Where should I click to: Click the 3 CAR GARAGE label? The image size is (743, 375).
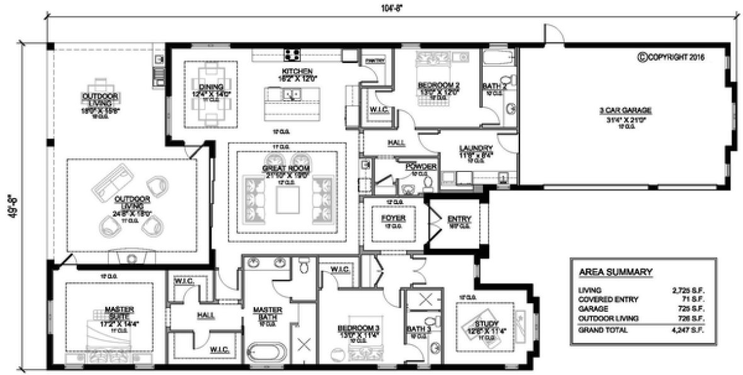click(625, 110)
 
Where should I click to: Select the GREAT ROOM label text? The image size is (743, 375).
click(286, 168)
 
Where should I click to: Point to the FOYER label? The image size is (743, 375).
click(394, 218)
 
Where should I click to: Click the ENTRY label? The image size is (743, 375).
click(459, 219)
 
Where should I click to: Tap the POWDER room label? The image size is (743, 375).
click(421, 166)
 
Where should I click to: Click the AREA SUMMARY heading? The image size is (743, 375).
click(615, 272)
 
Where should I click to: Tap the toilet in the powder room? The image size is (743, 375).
click(429, 183)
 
